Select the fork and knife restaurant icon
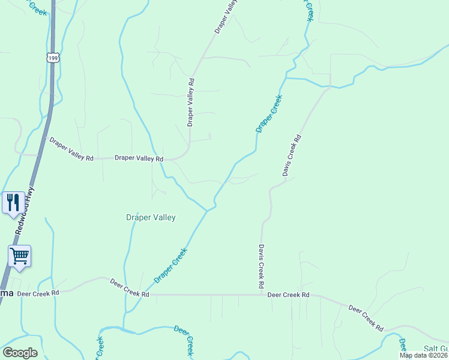click(13, 202)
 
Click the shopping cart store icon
click(19, 256)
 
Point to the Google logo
click(20, 353)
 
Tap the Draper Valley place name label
click(151, 217)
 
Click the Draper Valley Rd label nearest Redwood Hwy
click(71, 150)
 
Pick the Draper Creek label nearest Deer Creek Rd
click(171, 266)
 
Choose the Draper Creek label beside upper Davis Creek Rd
click(269, 113)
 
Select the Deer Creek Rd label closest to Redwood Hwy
click(38, 293)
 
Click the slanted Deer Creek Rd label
click(366, 318)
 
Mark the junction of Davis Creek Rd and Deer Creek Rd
click(262, 295)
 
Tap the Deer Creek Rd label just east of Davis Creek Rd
click(288, 295)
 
